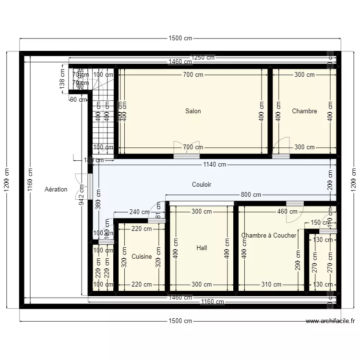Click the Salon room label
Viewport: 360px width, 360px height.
[x=193, y=111]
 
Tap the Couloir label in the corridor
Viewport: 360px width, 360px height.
[x=202, y=184]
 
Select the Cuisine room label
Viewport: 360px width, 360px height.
[x=142, y=257]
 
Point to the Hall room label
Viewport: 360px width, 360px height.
[x=202, y=248]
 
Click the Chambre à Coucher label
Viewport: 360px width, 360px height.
[x=269, y=235]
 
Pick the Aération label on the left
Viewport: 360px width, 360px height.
[x=56, y=189]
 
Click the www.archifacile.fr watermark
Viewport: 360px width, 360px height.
[x=330, y=321]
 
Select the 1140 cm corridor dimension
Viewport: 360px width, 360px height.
[x=215, y=165]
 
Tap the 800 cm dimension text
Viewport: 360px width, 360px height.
[x=251, y=195]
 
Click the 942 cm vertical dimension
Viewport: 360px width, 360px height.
[x=82, y=196]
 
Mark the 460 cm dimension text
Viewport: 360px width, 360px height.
[x=287, y=211]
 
